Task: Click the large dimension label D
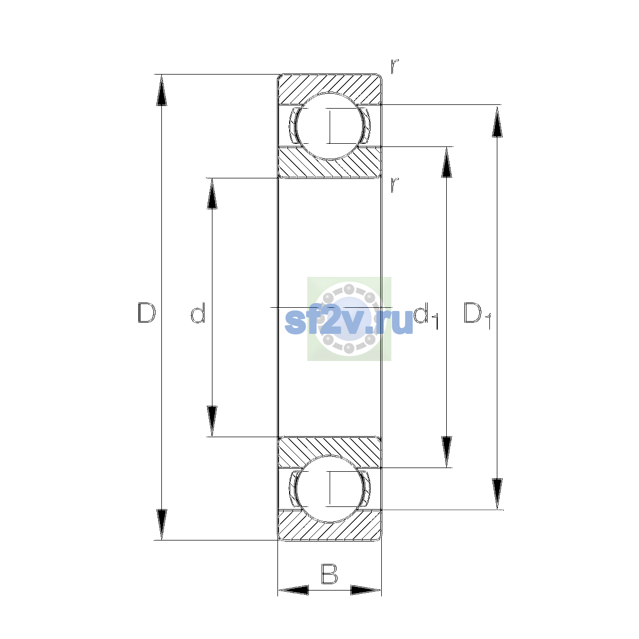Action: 146,313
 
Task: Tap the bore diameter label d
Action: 198,313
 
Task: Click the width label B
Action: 329,574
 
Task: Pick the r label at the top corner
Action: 395,67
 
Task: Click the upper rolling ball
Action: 329,126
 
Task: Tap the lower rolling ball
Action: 329,489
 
